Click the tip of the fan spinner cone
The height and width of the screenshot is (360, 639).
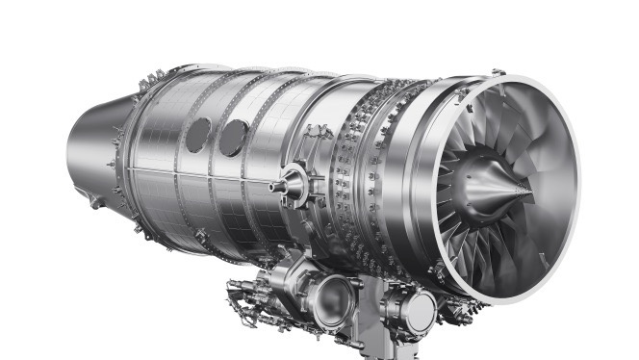[x=530, y=193]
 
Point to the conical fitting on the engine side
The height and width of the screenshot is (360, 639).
[x=289, y=181]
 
